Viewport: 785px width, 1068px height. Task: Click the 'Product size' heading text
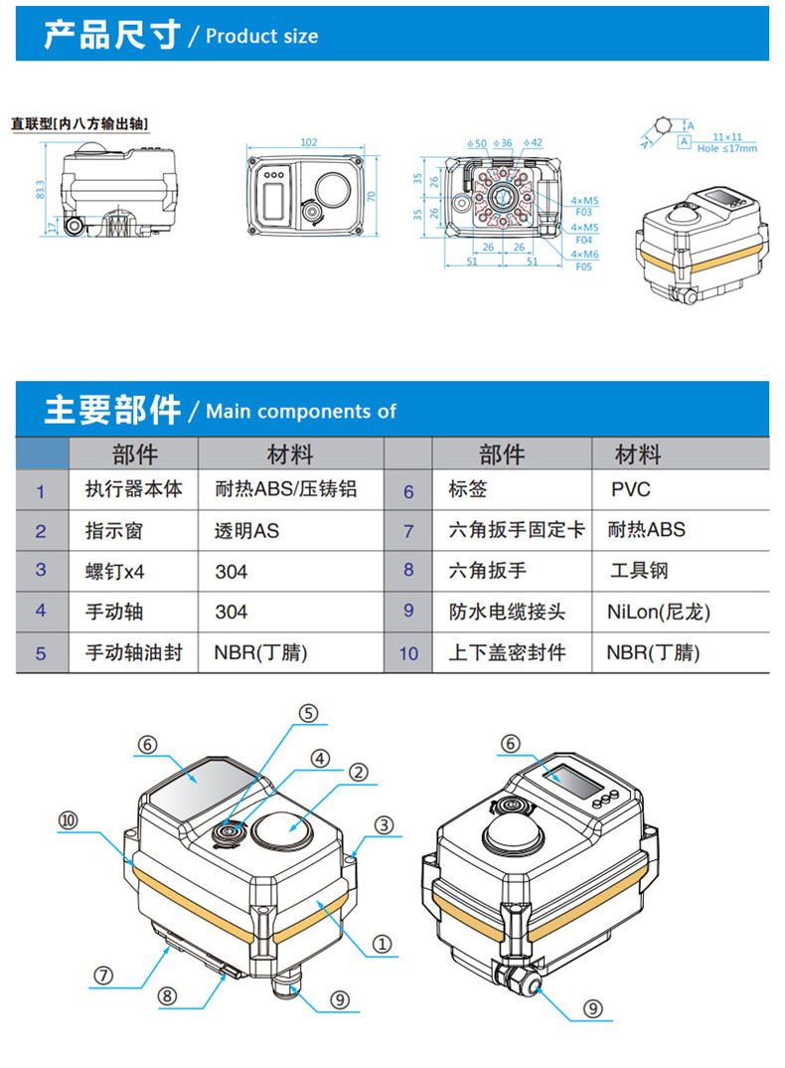tap(261, 36)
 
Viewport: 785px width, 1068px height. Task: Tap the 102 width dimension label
tap(309, 142)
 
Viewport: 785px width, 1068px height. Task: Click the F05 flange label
tap(583, 267)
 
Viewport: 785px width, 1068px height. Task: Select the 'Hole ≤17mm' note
tap(726, 147)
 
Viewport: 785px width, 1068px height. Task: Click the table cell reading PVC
tap(631, 490)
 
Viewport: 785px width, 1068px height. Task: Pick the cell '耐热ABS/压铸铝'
tap(285, 490)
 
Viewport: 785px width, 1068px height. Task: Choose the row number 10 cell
tap(408, 653)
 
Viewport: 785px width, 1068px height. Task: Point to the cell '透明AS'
tap(247, 531)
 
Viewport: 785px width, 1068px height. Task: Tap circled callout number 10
tap(68, 820)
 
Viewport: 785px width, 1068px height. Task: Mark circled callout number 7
tap(104, 975)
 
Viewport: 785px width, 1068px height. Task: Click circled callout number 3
tap(385, 824)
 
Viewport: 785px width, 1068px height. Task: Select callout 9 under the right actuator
tap(592, 1009)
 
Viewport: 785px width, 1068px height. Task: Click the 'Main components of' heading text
tap(300, 412)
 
